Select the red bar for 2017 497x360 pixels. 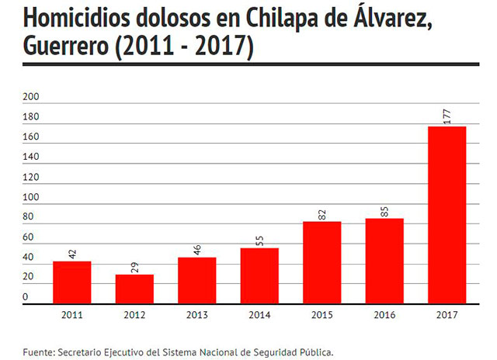[x=447, y=215]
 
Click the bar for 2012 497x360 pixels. [x=134, y=289]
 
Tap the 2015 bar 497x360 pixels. [x=322, y=262]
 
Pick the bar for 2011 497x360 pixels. [x=72, y=282]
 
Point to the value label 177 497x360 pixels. [x=447, y=116]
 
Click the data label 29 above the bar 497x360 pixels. [x=134, y=267]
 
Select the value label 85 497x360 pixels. [x=384, y=212]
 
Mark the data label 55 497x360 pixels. [x=259, y=241]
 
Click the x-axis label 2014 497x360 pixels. [x=259, y=315]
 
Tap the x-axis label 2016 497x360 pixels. [x=384, y=315]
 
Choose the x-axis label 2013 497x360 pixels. [x=196, y=315]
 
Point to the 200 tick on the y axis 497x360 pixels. [x=31, y=96]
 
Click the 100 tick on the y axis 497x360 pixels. [x=31, y=197]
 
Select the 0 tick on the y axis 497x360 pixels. [x=26, y=297]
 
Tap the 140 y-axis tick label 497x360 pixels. [x=31, y=157]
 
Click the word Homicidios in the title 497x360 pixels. [x=76, y=18]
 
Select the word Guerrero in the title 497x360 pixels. [x=66, y=46]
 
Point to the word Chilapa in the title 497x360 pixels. [x=282, y=19]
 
